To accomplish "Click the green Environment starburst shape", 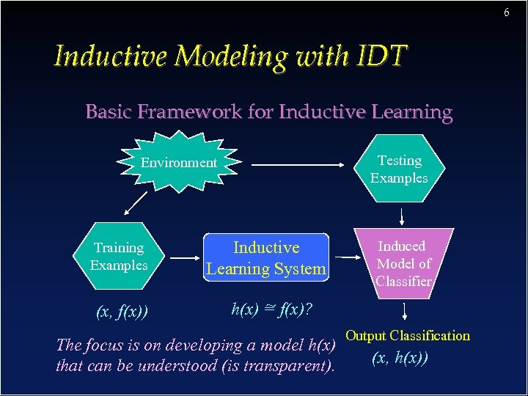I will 179,162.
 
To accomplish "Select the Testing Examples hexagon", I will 399,169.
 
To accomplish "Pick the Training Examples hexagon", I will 119,257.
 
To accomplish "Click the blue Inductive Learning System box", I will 265,258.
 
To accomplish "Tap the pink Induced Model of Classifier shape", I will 403,263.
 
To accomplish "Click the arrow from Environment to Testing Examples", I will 300,166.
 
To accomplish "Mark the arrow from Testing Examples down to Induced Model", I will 402,215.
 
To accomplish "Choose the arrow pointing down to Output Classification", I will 403,315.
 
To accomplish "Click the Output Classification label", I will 408,336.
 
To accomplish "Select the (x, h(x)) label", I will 400,358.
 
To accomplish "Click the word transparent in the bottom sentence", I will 284,365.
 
